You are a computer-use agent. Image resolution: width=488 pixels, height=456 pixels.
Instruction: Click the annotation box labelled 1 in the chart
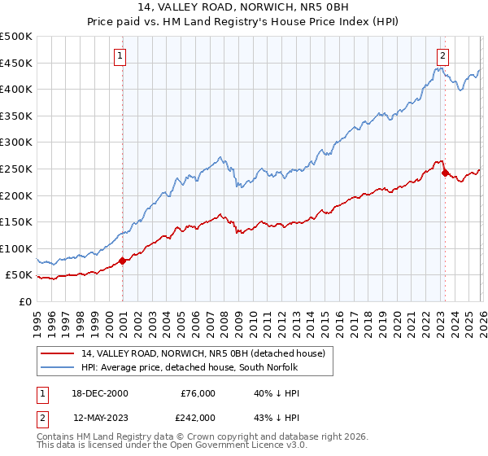[x=120, y=56]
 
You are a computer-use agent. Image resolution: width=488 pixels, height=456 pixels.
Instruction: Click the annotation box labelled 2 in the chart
[x=442, y=56]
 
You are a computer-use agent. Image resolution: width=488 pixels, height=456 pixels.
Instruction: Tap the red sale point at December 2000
[x=123, y=261]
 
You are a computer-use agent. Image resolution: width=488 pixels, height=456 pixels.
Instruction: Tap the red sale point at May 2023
[x=445, y=173]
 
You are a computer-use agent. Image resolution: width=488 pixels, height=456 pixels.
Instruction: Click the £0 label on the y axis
[x=25, y=301]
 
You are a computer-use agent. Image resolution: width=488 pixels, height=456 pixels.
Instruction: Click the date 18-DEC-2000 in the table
[x=101, y=393]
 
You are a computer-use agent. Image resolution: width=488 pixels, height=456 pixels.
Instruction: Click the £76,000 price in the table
[x=197, y=393]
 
